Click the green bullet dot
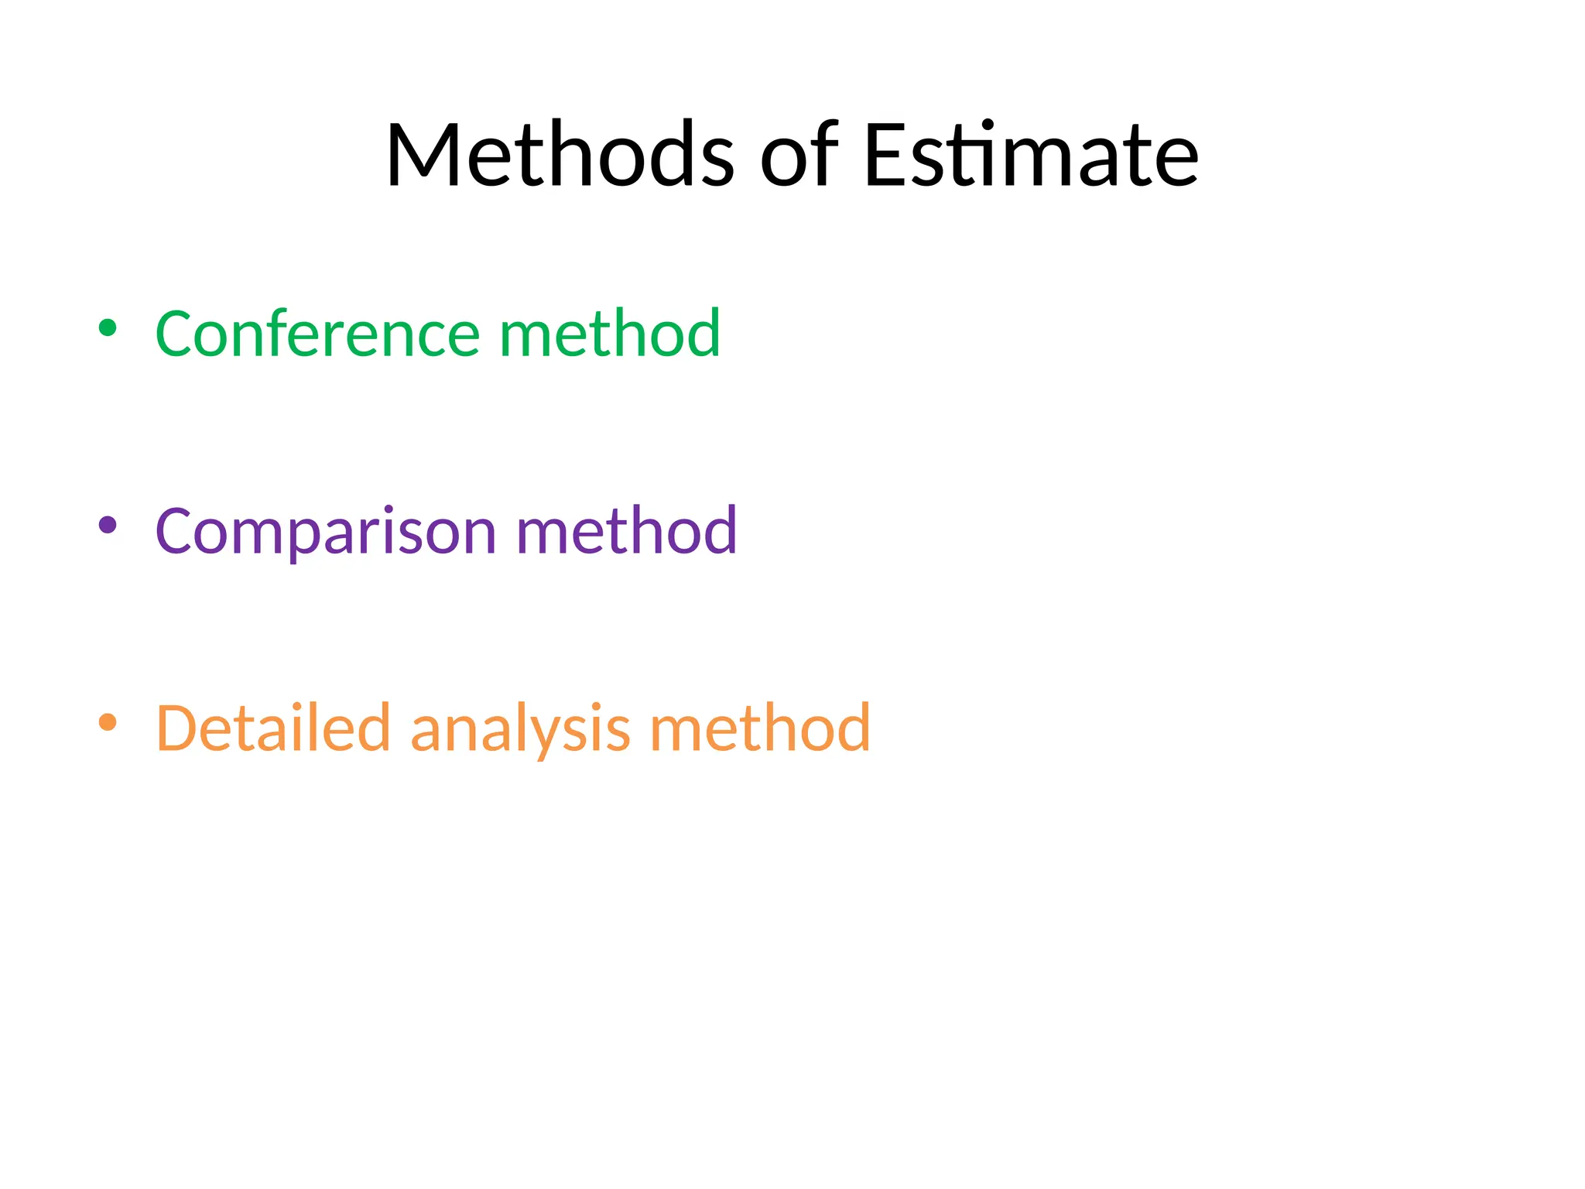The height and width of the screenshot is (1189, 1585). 108,328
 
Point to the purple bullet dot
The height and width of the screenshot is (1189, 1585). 108,526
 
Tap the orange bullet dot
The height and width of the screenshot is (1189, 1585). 108,723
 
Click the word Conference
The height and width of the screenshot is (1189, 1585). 317,334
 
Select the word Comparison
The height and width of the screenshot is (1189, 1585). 326,532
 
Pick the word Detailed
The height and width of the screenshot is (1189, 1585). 273,728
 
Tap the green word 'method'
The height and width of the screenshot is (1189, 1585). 611,334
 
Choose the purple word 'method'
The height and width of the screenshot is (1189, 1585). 627,532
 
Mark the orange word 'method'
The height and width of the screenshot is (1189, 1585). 761,728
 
